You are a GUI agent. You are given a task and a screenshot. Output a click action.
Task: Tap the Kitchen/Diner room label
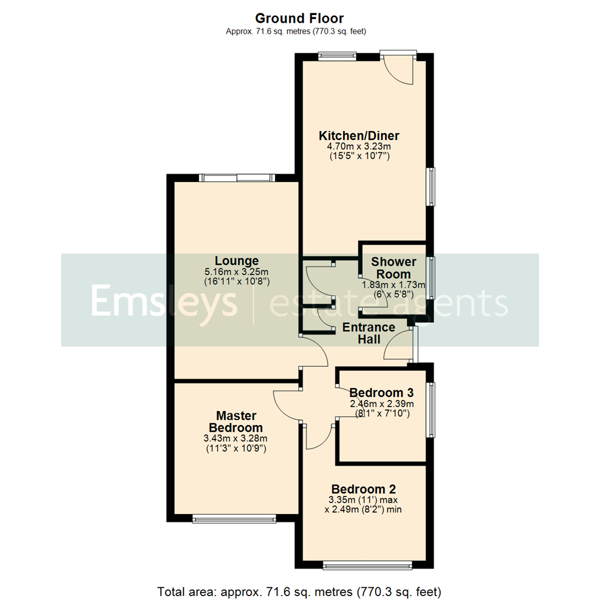pyautogui.click(x=359, y=136)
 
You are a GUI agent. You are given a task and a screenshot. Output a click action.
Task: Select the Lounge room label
pyautogui.click(x=237, y=261)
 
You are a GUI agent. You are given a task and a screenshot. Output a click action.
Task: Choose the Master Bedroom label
pyautogui.click(x=236, y=422)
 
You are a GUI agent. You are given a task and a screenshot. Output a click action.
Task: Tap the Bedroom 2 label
pyautogui.click(x=363, y=489)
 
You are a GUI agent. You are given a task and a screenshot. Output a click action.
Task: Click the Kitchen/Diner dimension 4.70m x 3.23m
pyautogui.click(x=359, y=146)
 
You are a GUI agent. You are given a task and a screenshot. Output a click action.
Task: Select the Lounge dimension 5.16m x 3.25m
pyautogui.click(x=237, y=272)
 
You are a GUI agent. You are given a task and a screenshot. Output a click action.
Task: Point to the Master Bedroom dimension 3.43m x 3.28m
pyautogui.click(x=236, y=438)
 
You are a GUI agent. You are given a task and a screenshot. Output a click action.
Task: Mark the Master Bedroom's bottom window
pyautogui.click(x=234, y=519)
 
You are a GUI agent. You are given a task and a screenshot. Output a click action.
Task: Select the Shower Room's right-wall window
pyautogui.click(x=431, y=278)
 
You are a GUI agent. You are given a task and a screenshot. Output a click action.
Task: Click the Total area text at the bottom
pyautogui.click(x=299, y=590)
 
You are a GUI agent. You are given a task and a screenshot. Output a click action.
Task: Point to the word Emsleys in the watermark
pyautogui.click(x=164, y=301)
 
